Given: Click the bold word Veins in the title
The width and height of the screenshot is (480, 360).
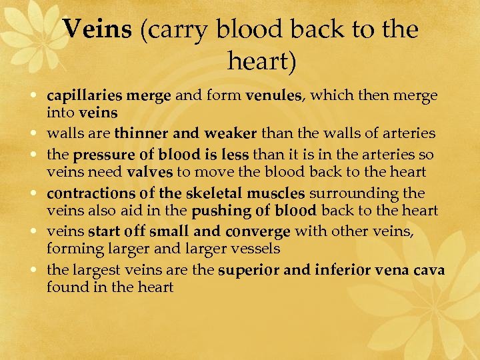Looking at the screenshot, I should [x=99, y=29].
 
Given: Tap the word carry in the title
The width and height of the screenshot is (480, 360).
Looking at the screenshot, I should [x=171, y=31].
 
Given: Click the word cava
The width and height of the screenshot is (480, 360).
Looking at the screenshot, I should [x=428, y=271].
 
